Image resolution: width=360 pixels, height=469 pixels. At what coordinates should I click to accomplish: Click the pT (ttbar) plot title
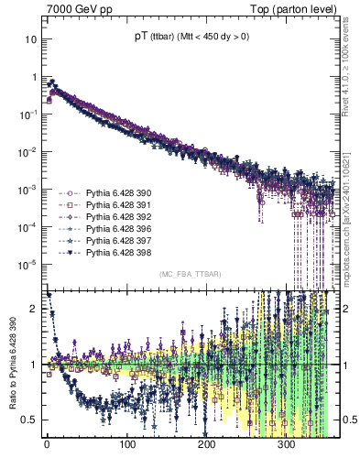[x=189, y=37]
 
